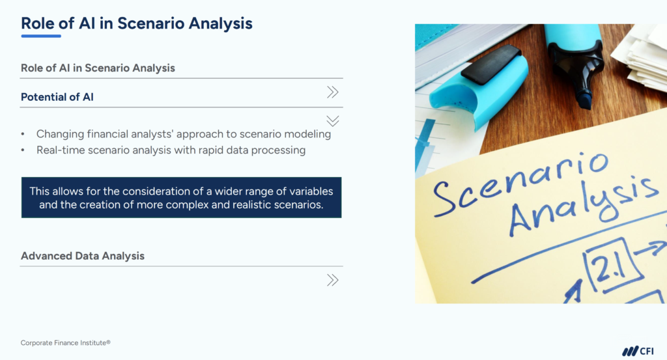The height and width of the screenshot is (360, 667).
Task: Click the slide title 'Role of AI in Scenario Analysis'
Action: [136, 23]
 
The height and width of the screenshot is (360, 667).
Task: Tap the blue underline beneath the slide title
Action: [41, 36]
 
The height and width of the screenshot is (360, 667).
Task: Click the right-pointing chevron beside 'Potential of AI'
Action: [333, 92]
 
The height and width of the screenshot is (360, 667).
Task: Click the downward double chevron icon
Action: [333, 120]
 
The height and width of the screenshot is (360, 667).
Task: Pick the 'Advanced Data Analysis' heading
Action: [83, 256]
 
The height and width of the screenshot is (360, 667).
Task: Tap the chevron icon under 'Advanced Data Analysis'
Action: [333, 280]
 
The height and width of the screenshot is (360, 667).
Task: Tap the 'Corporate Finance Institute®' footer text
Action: [61, 342]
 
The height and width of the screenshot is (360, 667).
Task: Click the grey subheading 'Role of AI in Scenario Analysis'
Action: [98, 68]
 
